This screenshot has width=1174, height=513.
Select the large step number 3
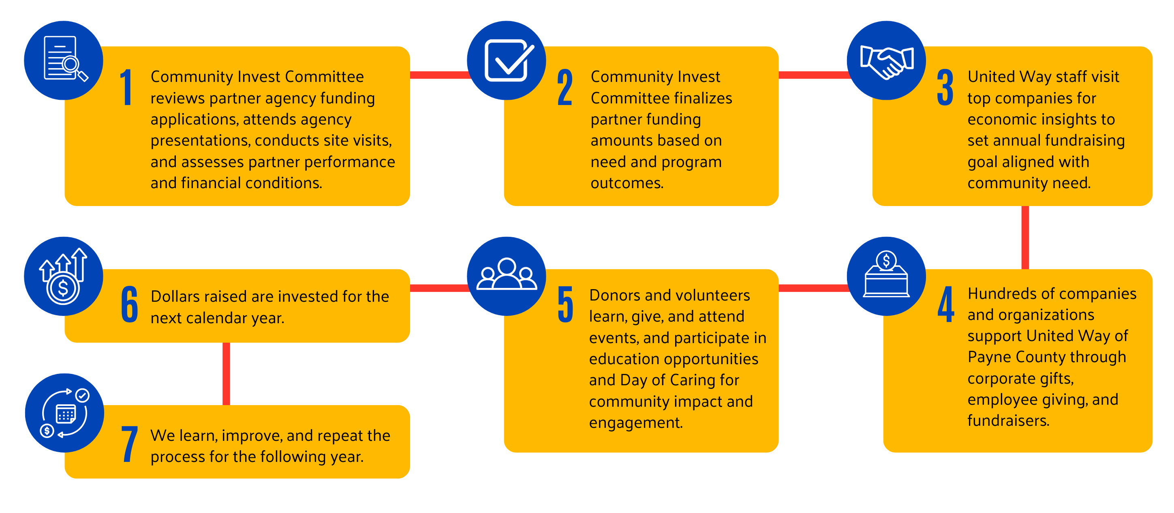[x=945, y=88]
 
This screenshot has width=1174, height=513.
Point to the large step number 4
[x=946, y=304]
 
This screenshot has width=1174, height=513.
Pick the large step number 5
[x=566, y=304]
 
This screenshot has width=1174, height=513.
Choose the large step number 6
[x=129, y=304]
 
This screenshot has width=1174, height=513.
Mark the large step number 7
[x=130, y=444]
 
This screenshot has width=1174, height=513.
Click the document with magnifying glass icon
[x=65, y=59]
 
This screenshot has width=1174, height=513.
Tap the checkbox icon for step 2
[x=509, y=60]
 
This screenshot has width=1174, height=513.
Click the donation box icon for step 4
[x=886, y=274]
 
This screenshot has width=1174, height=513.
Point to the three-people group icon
[x=507, y=274]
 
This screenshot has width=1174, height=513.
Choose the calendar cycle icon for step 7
[x=65, y=413]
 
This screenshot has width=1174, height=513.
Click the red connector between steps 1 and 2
[x=440, y=75]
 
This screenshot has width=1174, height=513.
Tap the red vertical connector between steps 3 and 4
[x=1025, y=238]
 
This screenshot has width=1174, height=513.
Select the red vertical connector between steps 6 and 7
[x=226, y=374]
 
